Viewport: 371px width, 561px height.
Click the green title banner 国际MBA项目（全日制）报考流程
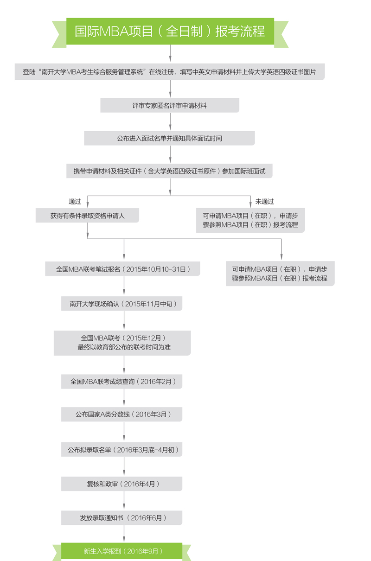170,32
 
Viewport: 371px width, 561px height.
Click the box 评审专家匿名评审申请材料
170,106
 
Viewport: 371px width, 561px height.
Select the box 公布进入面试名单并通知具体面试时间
170,138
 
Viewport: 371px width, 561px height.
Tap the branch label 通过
75,201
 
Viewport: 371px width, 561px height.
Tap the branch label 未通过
265,201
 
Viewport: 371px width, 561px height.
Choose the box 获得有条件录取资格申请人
87,216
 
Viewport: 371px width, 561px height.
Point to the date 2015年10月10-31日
156,269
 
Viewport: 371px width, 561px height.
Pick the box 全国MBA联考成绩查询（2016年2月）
122,382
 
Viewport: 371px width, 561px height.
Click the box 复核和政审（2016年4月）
122,484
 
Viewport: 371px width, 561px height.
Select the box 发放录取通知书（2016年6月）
122,518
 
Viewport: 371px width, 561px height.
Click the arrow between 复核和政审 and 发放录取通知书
124,501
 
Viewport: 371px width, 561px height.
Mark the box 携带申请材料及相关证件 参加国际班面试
170,171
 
